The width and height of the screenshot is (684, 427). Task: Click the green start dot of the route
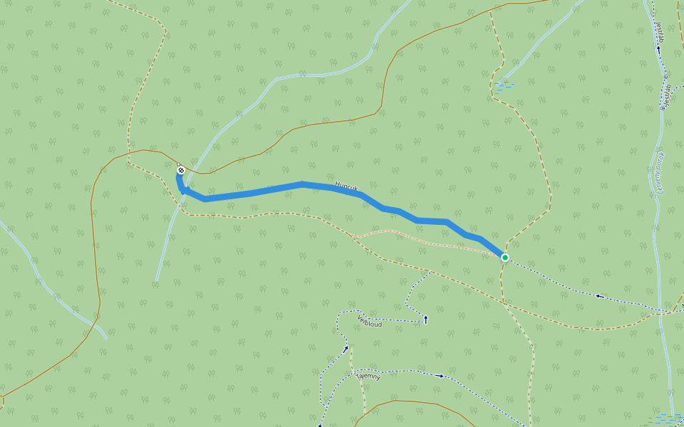(504, 257)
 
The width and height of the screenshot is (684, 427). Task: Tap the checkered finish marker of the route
(181, 169)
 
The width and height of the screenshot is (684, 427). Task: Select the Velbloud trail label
(370, 320)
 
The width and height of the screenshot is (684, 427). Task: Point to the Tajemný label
(368, 374)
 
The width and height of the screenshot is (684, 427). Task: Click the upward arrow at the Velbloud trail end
(425, 319)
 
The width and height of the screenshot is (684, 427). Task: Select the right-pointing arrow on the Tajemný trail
(440, 375)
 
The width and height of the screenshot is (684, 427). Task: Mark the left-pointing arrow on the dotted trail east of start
(598, 296)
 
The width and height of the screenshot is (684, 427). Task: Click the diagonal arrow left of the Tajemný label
(346, 349)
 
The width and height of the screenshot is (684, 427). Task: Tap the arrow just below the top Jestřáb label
(658, 51)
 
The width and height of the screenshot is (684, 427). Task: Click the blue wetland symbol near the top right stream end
(504, 85)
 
